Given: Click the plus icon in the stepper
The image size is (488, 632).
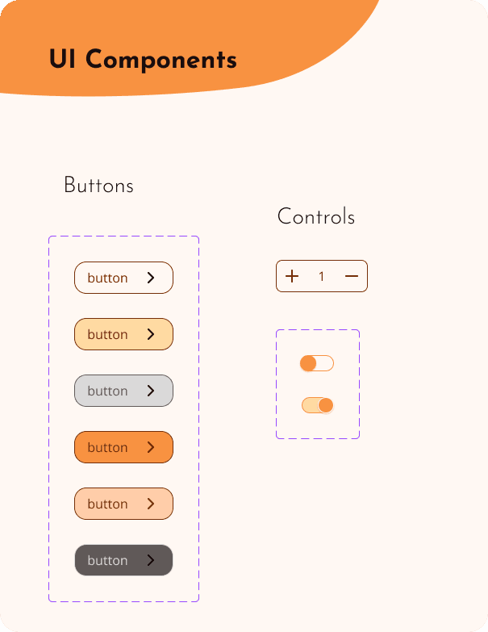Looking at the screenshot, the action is (x=292, y=277).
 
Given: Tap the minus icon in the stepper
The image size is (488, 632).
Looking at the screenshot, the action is (x=352, y=277).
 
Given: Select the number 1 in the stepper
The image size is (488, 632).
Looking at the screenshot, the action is (x=321, y=277).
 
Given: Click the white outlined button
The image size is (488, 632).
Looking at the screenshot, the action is (x=123, y=278).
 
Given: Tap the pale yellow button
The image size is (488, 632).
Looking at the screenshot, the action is (x=123, y=334).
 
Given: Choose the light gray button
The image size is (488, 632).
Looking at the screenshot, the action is (x=123, y=391).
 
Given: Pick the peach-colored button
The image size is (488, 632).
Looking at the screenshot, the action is (x=123, y=504).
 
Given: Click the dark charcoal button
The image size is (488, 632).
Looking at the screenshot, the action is (x=123, y=560).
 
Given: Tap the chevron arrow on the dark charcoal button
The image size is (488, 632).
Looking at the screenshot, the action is (x=151, y=560).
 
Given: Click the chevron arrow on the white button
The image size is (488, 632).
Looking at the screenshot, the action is (x=151, y=278).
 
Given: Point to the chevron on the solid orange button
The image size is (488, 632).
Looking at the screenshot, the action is (x=151, y=447).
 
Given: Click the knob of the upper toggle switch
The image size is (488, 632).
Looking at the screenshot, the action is (x=308, y=363).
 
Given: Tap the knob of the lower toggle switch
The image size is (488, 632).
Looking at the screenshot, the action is (x=326, y=405).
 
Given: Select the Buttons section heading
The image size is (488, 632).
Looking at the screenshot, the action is (x=98, y=186).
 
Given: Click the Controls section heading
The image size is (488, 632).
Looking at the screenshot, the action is (x=315, y=216).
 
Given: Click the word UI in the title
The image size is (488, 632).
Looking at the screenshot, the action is (x=63, y=60).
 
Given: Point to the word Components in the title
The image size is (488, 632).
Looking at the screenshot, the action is (x=161, y=61).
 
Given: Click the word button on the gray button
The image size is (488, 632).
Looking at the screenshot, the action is (x=107, y=391).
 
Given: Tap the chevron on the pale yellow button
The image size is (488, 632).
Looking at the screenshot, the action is (x=151, y=334).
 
